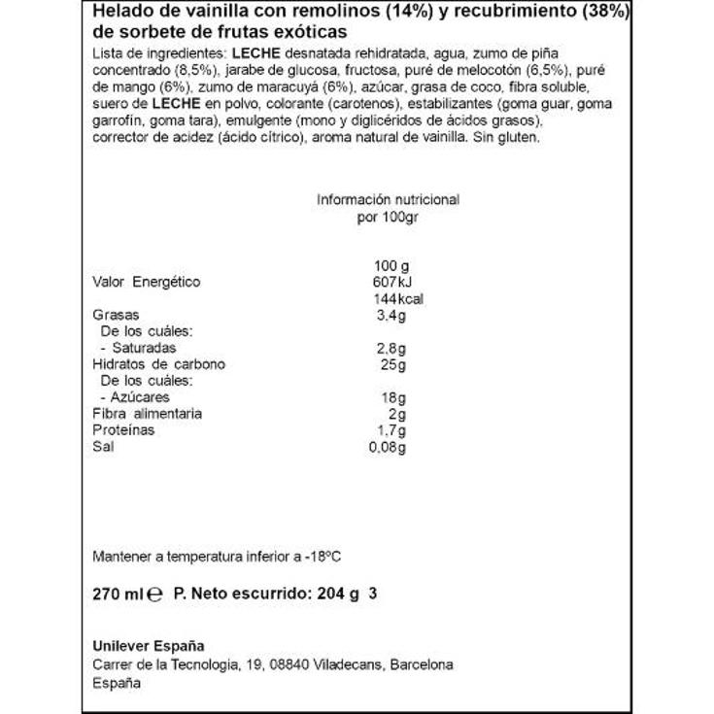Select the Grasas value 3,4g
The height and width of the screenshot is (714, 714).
(391, 315)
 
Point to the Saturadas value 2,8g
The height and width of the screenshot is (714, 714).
(391, 348)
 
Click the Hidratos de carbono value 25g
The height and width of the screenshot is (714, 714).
(394, 364)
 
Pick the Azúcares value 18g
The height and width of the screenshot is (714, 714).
(394, 397)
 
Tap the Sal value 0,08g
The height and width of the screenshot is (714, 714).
(388, 447)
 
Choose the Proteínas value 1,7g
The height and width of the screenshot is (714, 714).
(391, 430)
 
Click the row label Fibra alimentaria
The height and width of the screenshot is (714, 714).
(147, 414)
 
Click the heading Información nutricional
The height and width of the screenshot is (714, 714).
(388, 199)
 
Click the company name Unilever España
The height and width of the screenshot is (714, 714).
(149, 647)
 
